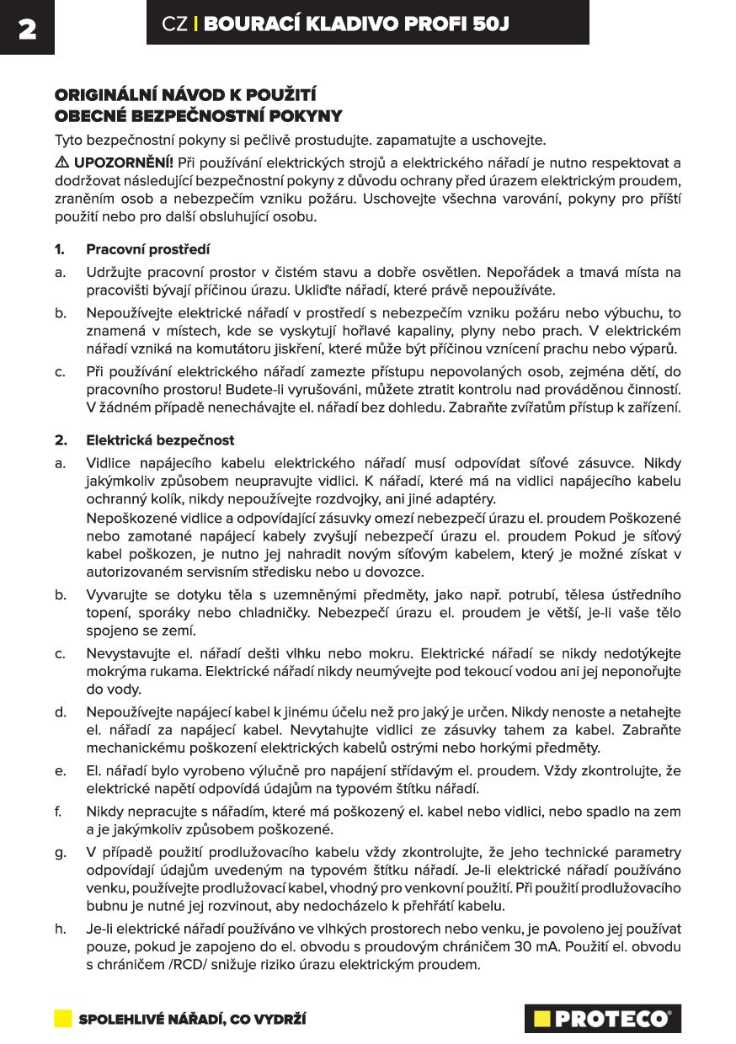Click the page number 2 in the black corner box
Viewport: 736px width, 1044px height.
(x=27, y=29)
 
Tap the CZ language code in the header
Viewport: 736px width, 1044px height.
(x=174, y=25)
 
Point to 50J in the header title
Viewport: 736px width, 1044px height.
(x=489, y=25)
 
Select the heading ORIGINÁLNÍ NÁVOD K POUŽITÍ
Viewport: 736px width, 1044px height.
(x=185, y=94)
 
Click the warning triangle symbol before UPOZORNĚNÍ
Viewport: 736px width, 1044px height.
(x=62, y=162)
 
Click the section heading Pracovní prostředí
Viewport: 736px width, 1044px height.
(x=148, y=250)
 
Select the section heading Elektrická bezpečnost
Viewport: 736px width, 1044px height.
(x=160, y=440)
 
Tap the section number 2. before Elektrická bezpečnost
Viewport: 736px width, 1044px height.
(x=61, y=440)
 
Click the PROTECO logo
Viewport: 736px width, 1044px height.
(x=602, y=1019)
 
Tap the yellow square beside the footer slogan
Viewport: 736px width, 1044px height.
(x=63, y=1019)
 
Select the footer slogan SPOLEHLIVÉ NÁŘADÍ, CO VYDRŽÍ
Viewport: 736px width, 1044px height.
(x=192, y=1020)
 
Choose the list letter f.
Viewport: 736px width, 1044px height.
(x=58, y=812)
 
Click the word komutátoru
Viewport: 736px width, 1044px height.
(x=241, y=349)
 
